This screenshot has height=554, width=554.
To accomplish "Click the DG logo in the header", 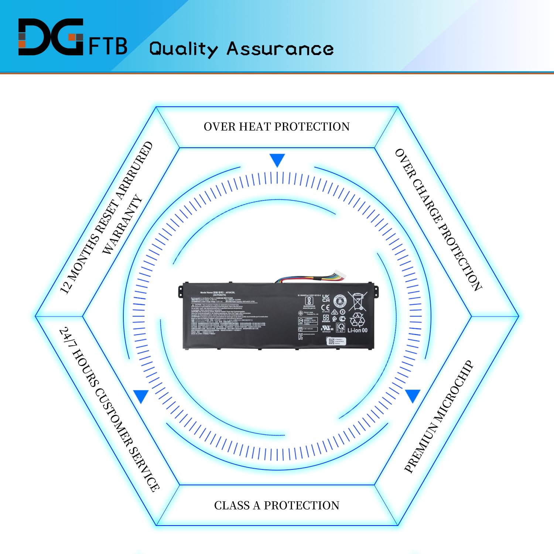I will click(51, 37).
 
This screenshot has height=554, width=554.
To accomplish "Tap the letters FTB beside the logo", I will click(108, 46).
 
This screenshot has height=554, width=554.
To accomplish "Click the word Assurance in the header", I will click(280, 49).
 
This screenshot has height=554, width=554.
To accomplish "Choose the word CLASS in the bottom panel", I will click(232, 505).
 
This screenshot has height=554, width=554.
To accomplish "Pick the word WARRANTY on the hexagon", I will click(122, 225).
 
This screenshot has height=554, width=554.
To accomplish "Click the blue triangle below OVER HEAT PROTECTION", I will click(277, 160).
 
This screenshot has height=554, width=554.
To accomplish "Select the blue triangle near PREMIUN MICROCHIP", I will click(413, 395).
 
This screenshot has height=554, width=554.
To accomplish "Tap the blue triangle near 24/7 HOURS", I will click(141, 396).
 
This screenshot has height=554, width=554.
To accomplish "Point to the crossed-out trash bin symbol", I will click(357, 301).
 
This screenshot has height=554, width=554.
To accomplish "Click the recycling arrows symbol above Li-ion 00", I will click(357, 320).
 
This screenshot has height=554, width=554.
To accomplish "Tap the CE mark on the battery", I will click(325, 307).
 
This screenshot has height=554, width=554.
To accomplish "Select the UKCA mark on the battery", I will click(325, 298).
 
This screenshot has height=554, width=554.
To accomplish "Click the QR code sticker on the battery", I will click(331, 341).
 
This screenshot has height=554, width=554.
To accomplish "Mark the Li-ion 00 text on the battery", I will click(357, 330).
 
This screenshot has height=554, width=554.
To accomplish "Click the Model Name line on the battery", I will click(218, 293).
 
